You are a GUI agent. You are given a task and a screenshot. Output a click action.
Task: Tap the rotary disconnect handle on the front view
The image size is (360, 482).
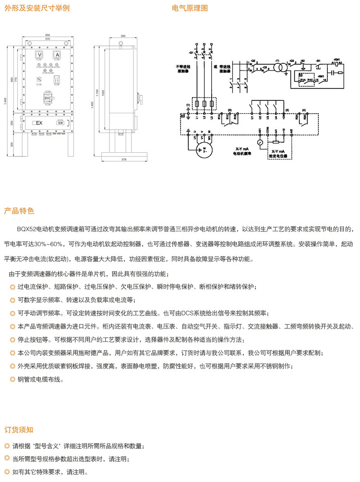tap(48, 96)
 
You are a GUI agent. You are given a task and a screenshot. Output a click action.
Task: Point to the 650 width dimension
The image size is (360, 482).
tap(48, 36)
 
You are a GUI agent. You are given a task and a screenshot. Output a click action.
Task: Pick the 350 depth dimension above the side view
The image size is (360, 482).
tap(123, 36)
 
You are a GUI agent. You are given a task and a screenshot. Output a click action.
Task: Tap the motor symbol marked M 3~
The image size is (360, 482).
tap(205, 150)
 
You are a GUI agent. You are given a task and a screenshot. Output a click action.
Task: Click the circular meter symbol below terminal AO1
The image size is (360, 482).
tap(260, 143)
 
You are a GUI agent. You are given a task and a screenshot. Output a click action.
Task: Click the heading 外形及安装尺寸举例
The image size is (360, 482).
tap(37, 9)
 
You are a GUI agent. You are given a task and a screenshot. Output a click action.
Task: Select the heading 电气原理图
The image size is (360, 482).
tap(190, 9)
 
